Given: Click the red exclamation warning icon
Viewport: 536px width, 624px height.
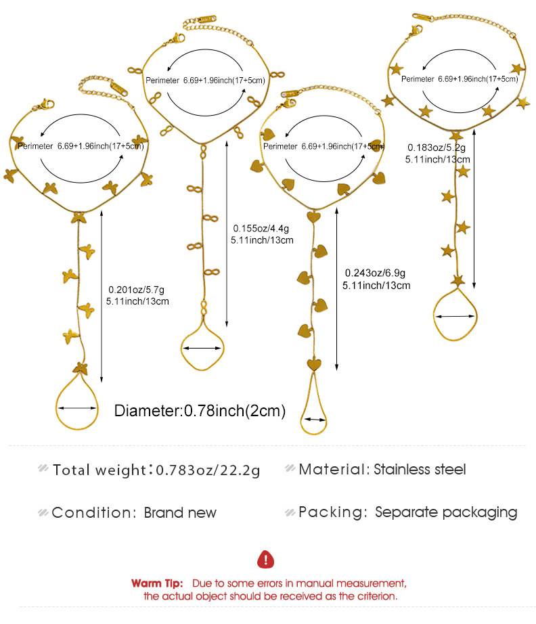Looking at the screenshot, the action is (x=265, y=560).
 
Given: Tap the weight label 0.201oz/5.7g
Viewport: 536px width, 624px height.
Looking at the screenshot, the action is (x=136, y=289).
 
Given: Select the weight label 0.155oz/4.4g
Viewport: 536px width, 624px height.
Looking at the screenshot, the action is (x=261, y=229).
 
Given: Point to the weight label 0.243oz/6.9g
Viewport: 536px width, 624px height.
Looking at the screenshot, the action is (x=375, y=273).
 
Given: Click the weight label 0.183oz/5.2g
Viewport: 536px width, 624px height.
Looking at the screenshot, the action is (x=436, y=148).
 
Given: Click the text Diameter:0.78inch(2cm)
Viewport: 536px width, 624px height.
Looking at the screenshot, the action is (x=200, y=411).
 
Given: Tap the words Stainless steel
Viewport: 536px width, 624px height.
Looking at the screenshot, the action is (x=420, y=469).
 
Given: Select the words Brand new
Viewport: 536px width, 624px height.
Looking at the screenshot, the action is (x=180, y=512).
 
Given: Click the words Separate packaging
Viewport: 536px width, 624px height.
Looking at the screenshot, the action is (x=446, y=512).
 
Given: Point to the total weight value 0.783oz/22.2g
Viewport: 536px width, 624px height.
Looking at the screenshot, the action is (x=208, y=470).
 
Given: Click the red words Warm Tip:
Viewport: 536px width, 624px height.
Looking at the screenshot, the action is (x=157, y=583).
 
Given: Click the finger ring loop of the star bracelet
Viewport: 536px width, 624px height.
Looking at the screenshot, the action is (x=455, y=314).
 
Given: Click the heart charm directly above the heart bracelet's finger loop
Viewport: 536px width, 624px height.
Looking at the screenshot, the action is (x=314, y=364).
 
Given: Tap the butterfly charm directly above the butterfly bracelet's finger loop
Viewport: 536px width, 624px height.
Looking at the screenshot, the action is (x=81, y=368).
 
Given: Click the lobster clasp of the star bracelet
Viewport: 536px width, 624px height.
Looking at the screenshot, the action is (x=415, y=31).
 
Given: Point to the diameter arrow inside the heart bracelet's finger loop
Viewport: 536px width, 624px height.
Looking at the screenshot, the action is (x=313, y=419).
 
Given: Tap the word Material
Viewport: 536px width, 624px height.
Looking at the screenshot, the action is (x=332, y=469).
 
